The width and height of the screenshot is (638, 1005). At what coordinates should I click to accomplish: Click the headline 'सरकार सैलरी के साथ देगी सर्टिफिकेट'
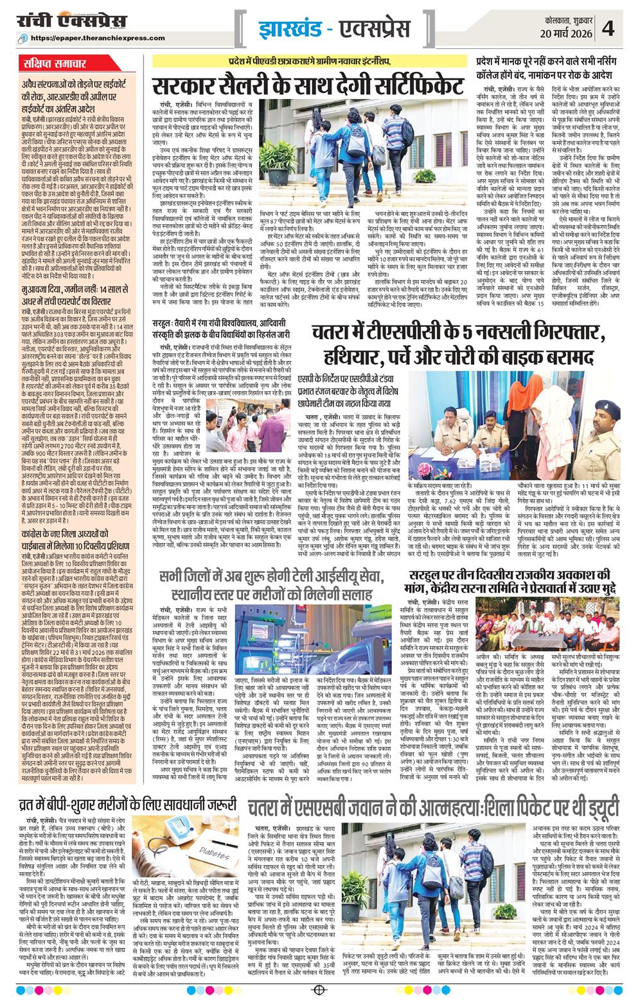click(308, 85)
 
